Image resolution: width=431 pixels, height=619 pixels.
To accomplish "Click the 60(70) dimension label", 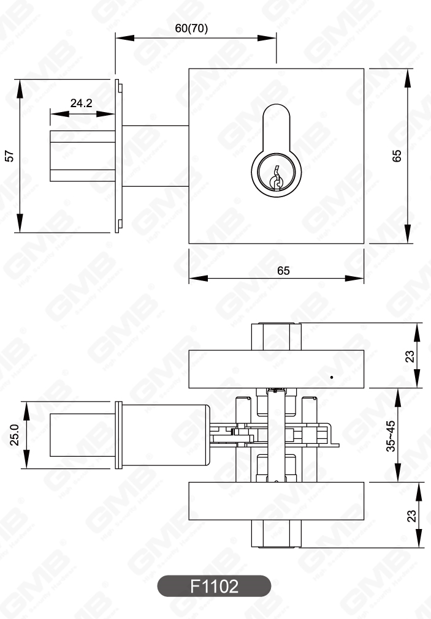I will point(191,28).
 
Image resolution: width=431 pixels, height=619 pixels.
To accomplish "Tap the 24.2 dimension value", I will point(81,103).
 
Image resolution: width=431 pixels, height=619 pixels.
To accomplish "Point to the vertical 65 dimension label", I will point(397,156).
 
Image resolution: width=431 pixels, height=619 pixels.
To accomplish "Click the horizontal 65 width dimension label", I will point(283,271).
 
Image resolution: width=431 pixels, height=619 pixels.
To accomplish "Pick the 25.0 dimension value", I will point(15,435).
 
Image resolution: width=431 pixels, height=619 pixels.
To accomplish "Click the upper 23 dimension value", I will point(411,356).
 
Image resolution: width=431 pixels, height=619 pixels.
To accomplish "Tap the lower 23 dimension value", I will point(411,516).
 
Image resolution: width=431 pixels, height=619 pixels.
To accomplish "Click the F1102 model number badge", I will point(215,586).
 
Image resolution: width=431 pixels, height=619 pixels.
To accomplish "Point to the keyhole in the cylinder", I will point(276,178).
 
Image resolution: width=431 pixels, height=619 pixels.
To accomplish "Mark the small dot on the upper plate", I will point(332,377).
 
